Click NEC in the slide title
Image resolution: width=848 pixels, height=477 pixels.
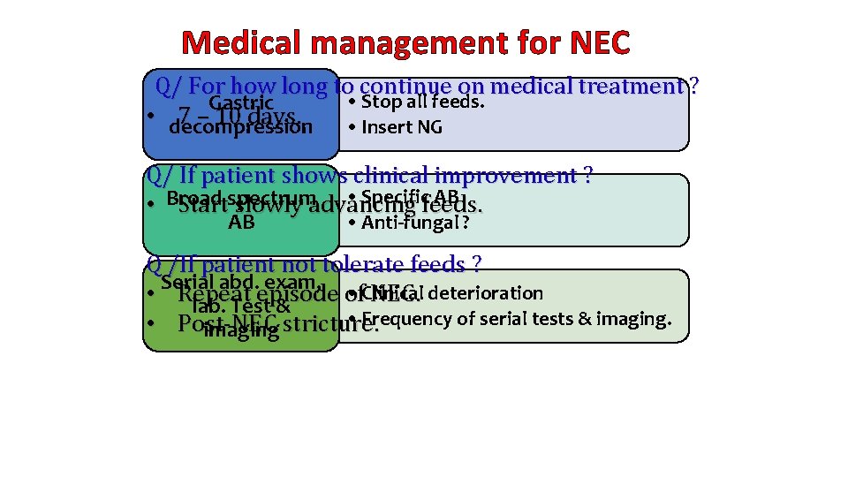pos(594,42)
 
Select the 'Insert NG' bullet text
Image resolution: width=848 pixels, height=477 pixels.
pos(396,127)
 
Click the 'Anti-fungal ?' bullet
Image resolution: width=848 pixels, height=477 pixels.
pos(408,223)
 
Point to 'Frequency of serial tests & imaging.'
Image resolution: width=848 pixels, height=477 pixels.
pos(517,319)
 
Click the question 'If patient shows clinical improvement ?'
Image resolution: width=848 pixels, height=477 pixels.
pos(369,176)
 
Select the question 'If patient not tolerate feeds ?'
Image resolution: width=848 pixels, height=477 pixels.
pos(314,264)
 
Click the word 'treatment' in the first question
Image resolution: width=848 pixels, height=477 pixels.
pos(631,87)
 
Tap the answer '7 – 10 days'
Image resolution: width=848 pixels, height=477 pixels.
pos(238,116)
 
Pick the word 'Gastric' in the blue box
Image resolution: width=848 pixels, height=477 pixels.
pos(240,102)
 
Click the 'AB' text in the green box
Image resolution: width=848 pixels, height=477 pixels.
pos(241,223)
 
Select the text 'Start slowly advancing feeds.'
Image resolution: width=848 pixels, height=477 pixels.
pos(329,206)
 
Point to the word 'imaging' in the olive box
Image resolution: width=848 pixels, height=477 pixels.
pos(241,332)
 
